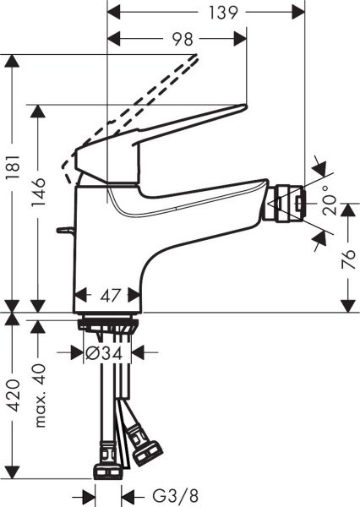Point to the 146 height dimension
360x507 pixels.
tap(39, 204)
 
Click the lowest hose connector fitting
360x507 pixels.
tap(109, 468)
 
